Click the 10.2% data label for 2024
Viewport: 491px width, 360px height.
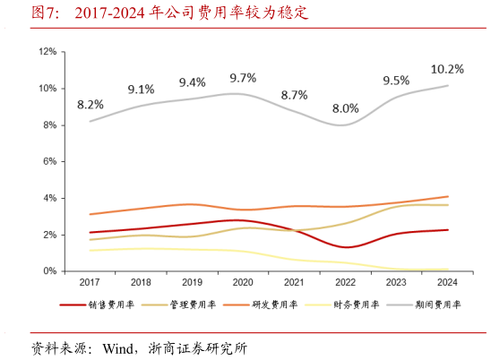(x=447, y=68)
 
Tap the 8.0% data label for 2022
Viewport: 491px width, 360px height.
(x=345, y=108)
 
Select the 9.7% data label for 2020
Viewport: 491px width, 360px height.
(x=243, y=78)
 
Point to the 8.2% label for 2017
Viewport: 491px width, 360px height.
(x=90, y=104)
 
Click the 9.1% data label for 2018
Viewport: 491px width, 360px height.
(x=141, y=89)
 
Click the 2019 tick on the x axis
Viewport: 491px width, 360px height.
(x=192, y=281)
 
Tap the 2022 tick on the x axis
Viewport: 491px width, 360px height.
(x=345, y=281)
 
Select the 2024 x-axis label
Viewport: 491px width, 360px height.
(x=447, y=281)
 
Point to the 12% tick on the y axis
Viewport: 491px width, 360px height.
(x=47, y=52)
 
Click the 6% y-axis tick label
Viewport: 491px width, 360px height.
(x=50, y=161)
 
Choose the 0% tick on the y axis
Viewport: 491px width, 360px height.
(x=50, y=270)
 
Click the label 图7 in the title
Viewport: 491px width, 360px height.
(x=46, y=13)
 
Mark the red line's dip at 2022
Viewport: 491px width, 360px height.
(x=347, y=246)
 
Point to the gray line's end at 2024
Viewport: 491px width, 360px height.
(x=447, y=85)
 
